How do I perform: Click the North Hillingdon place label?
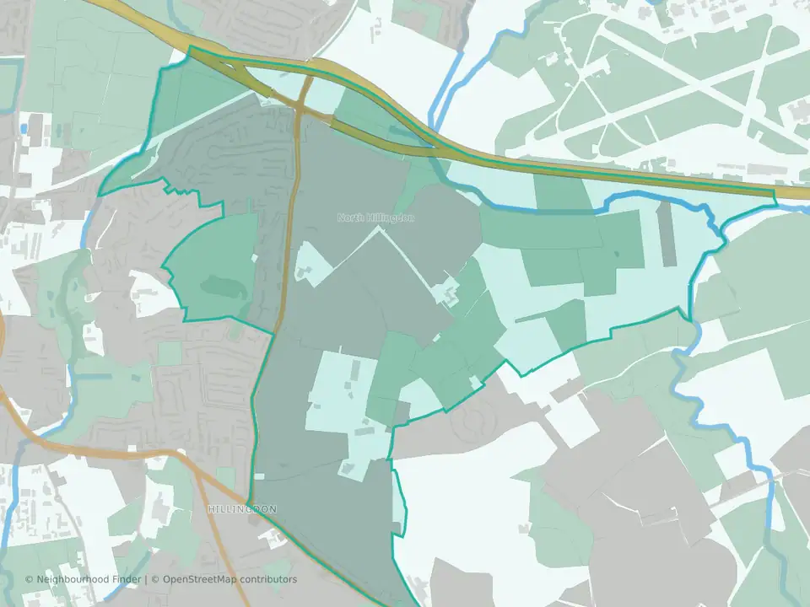[376, 218]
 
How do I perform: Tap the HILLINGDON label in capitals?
[242, 510]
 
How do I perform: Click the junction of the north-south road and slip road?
[300, 108]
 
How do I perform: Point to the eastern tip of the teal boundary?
[775, 196]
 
